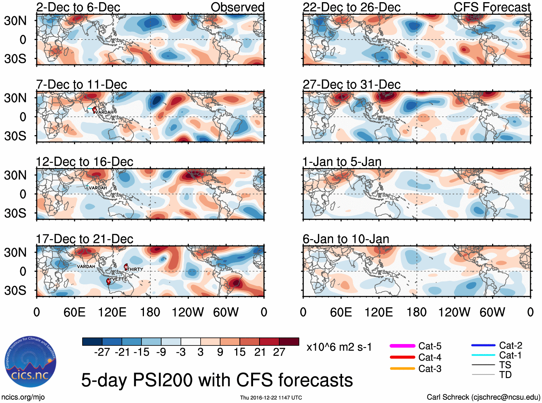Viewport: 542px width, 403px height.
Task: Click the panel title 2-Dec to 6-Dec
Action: coord(78,7)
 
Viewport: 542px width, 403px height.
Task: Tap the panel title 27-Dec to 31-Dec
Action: coord(351,84)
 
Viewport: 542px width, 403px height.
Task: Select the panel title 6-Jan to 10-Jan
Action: coord(346,239)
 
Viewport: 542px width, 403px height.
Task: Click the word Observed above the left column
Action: coord(237,7)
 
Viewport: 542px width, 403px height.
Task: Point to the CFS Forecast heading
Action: coord(492,7)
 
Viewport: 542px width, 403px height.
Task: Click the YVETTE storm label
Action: coord(118,279)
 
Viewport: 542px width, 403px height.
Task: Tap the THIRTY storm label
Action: coord(135,269)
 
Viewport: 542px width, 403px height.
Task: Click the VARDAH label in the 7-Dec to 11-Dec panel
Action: coord(104,112)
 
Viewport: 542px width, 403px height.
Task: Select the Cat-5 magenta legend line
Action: coord(402,346)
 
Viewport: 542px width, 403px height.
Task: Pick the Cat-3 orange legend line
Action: coord(402,368)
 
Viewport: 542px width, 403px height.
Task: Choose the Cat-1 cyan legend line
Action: coord(483,355)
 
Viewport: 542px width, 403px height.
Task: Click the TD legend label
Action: coord(505,375)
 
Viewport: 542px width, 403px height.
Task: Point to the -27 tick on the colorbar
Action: coord(102,352)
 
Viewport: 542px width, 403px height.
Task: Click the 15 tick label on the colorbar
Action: coord(239,352)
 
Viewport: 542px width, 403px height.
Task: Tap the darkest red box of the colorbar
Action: coord(289,342)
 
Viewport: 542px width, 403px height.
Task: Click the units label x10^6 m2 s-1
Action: coord(339,347)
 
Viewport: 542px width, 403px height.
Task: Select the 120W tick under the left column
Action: coord(188,312)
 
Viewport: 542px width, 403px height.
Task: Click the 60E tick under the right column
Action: coord(341,312)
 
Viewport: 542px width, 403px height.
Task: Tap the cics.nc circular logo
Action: coord(31,362)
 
